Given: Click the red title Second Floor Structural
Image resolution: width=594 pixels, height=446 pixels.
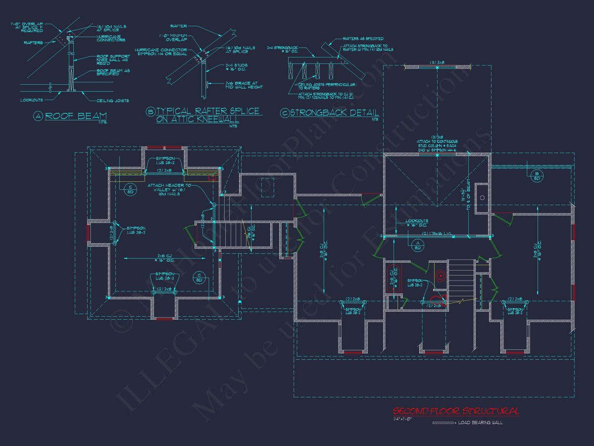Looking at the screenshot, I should point(455,411).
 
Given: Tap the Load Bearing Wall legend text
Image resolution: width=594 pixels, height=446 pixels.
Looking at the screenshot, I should point(480,423).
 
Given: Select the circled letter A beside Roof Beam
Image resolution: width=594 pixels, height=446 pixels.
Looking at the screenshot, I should point(39,116).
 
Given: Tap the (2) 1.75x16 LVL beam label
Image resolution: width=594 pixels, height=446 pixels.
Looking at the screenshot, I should point(438,233).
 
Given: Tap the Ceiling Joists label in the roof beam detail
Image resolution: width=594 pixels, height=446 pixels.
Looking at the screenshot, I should point(116,100).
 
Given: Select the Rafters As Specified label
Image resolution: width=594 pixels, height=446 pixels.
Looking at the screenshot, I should point(363,38).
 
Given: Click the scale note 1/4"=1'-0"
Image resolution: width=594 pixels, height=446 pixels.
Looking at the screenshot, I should point(402,419).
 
